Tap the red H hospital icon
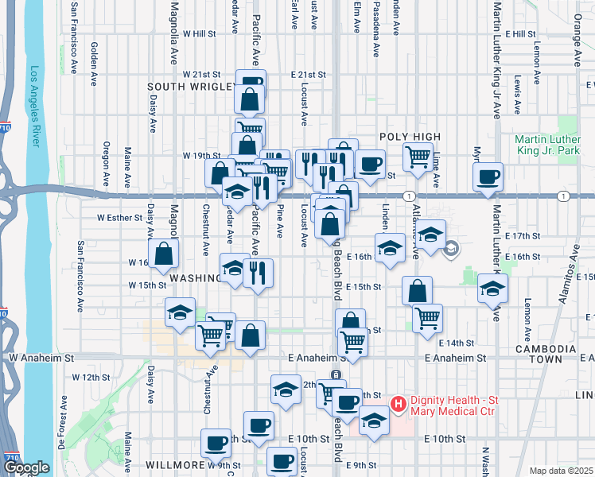coord(399,404)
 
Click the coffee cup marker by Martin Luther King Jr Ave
coord(488,176)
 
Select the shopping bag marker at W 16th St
coord(163,253)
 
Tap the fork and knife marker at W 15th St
coord(258,272)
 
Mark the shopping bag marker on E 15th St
coord(417,290)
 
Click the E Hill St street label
coord(520,34)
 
